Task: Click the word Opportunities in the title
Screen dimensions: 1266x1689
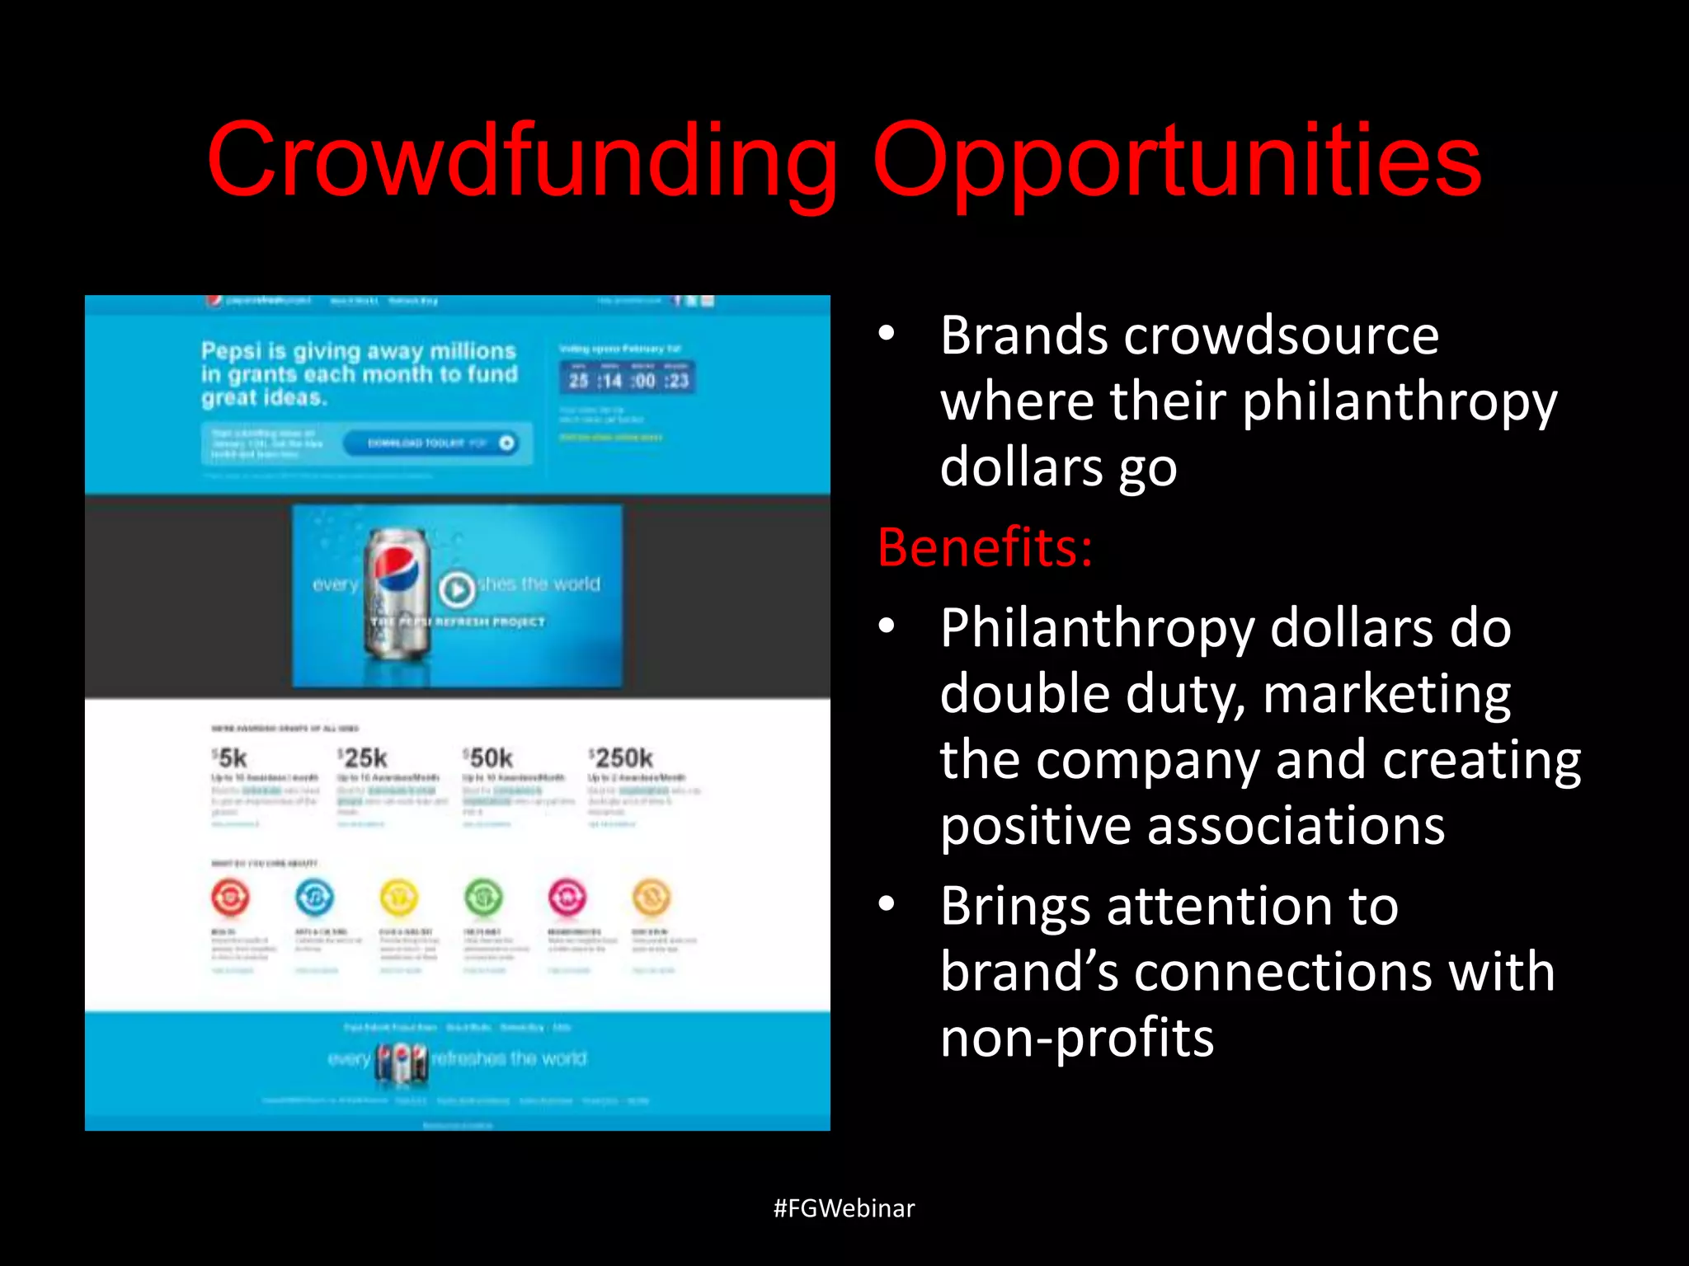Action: pos(1176,161)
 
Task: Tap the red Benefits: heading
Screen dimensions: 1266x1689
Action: pos(985,547)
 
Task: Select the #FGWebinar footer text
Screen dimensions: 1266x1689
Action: pos(844,1208)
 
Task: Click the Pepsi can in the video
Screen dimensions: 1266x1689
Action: pos(399,593)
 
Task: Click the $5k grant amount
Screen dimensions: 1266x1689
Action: pos(230,758)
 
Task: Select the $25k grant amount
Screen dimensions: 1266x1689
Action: pos(363,758)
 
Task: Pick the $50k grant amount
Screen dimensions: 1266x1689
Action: pos(488,758)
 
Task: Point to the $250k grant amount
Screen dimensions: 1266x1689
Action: pos(621,758)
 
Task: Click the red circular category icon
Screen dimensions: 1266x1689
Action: pos(230,897)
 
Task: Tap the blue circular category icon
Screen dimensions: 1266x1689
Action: pos(315,897)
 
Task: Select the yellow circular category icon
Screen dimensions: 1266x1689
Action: pos(399,897)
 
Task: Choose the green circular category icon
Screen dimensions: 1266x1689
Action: pos(483,897)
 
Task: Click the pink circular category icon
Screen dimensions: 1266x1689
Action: pos(567,897)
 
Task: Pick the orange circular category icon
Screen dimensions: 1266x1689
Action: pos(652,897)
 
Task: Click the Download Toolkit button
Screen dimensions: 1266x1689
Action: pos(430,443)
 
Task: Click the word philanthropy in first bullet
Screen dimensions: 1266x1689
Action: pos(1399,402)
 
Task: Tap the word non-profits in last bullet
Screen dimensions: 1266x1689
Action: pos(1077,1038)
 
